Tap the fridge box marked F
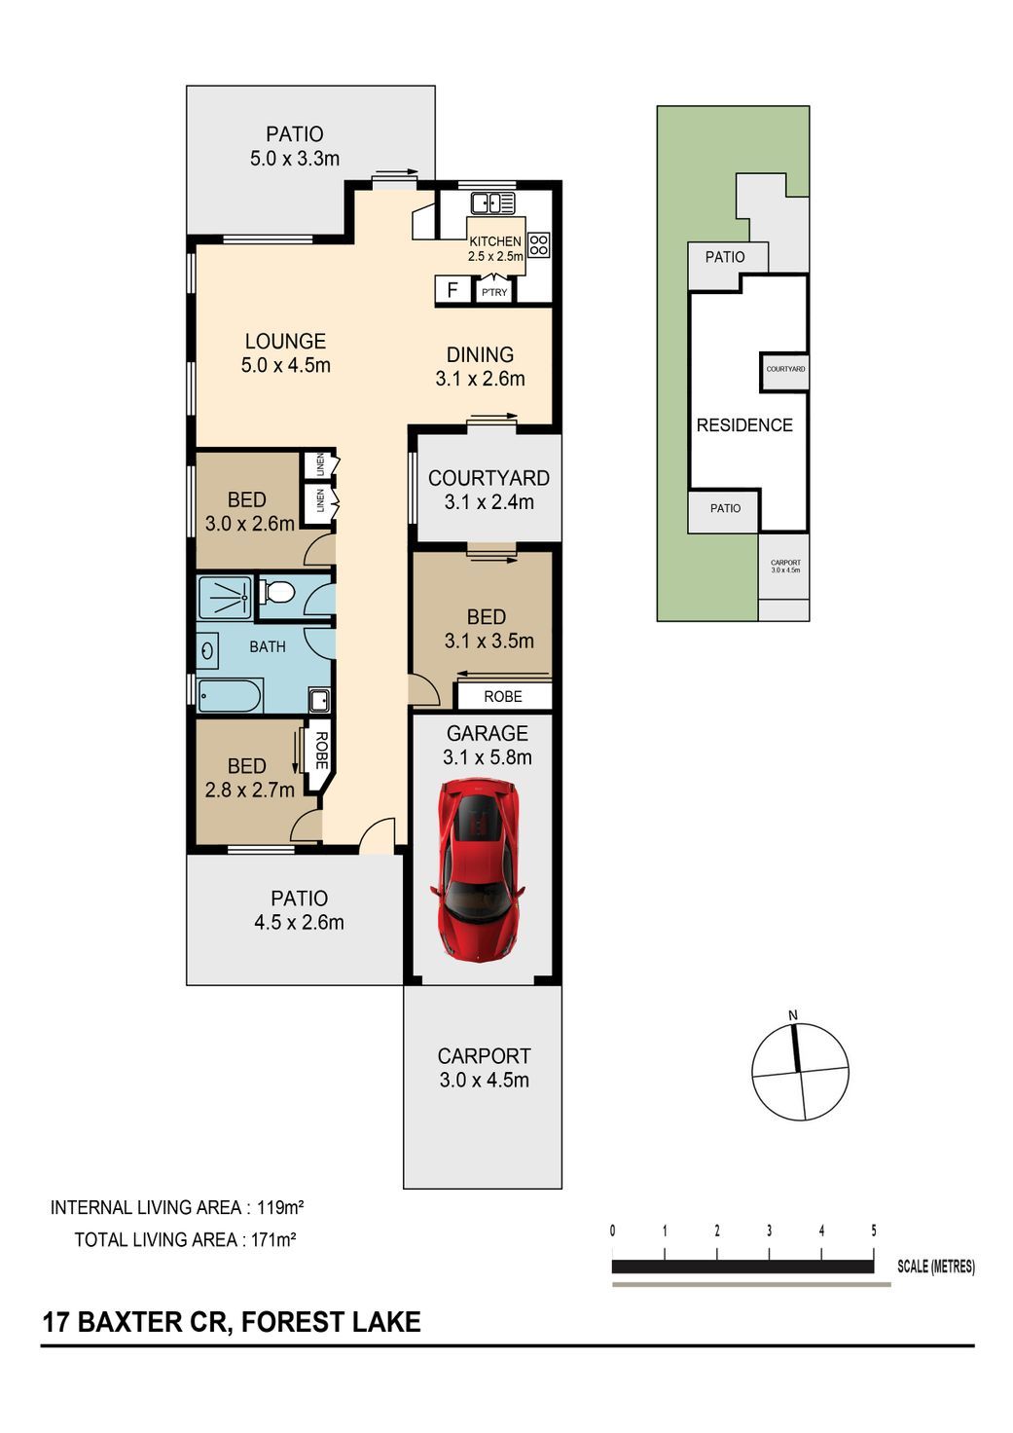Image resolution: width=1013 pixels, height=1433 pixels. (452, 290)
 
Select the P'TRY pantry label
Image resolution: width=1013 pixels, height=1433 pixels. (494, 292)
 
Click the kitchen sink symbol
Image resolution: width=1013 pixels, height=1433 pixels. (492, 203)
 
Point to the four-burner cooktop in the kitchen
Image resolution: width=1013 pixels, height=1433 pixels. (538, 245)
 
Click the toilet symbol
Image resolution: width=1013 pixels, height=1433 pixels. (277, 593)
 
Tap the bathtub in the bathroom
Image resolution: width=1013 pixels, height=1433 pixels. (230, 696)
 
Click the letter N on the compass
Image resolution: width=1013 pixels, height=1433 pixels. (793, 1015)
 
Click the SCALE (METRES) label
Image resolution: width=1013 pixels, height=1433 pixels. (935, 1266)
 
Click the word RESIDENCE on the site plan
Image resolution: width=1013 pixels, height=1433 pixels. (744, 425)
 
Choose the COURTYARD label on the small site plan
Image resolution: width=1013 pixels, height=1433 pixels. (785, 369)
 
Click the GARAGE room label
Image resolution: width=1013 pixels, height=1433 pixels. (488, 733)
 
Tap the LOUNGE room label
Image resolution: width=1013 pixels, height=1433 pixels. (285, 341)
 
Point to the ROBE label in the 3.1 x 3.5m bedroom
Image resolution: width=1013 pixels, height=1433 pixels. (503, 697)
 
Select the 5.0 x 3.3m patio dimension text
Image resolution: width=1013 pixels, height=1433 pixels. (295, 158)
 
